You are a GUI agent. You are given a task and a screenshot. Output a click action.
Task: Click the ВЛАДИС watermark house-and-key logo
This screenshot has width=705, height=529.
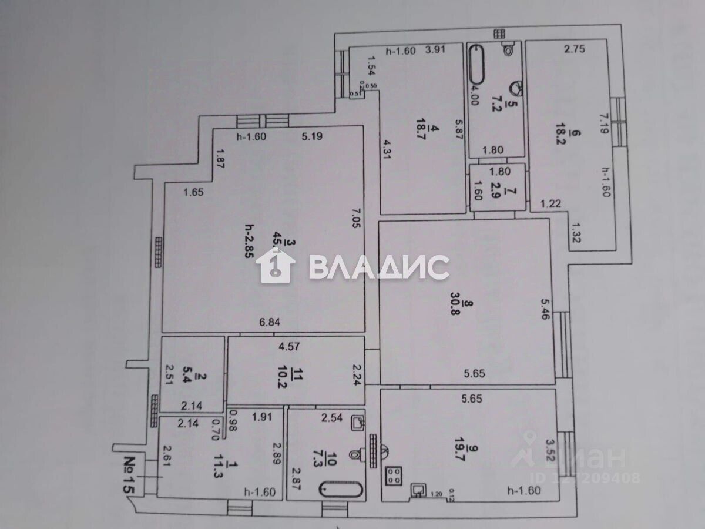tap(276, 266)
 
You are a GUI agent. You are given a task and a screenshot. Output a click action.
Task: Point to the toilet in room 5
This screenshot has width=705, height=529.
tap(509, 49)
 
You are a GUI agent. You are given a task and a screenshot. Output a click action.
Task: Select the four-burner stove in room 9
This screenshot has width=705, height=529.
tap(393, 475)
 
